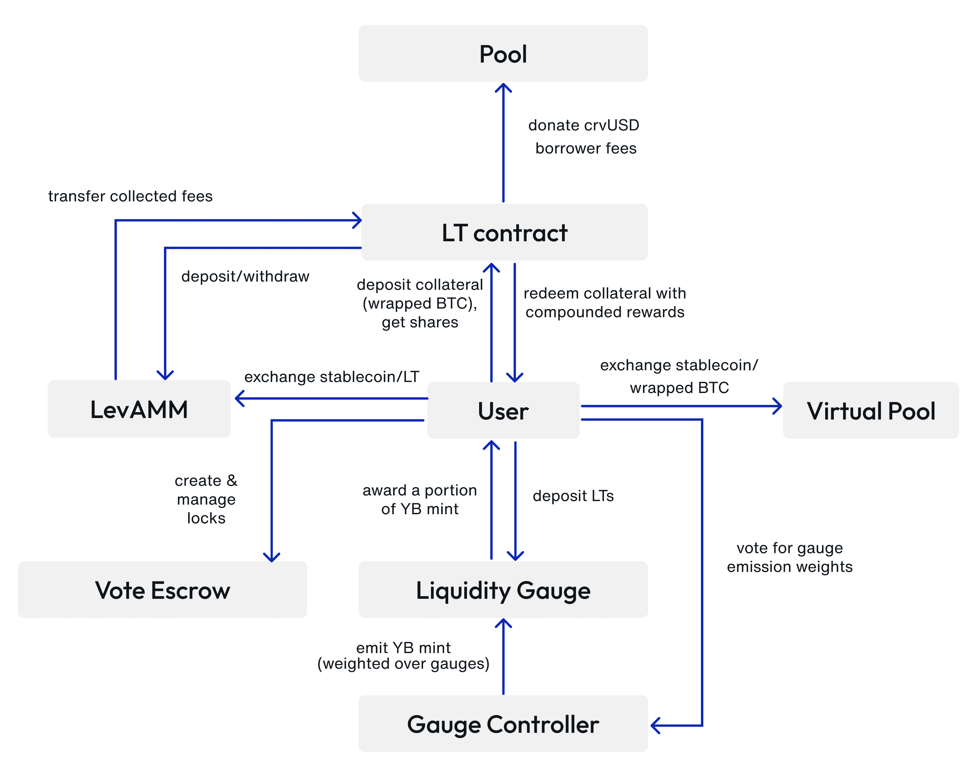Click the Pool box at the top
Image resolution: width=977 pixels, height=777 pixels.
[x=503, y=54]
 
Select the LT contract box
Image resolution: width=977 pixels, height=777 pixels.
[x=505, y=232]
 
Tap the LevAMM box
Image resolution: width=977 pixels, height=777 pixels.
[x=139, y=409]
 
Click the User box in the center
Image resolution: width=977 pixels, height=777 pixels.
[x=503, y=411]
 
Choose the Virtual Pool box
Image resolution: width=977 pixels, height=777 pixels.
[x=871, y=411]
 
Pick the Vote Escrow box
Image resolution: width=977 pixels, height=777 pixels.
[x=162, y=589]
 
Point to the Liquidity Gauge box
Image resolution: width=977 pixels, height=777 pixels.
[x=503, y=589]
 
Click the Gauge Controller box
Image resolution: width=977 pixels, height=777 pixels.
[x=503, y=723]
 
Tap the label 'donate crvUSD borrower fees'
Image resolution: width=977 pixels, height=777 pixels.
[x=584, y=136]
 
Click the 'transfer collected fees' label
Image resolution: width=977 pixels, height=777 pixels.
[x=131, y=196]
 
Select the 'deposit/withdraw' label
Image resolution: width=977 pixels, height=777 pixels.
[x=245, y=276]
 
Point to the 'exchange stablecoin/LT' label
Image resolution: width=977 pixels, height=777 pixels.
[x=332, y=377]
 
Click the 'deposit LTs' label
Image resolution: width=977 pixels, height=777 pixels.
[x=573, y=496]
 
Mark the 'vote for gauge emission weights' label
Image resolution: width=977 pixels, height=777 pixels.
[x=789, y=557]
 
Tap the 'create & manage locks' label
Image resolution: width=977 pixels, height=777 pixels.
[x=206, y=499]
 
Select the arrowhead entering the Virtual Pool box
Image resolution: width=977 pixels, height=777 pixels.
[x=778, y=406]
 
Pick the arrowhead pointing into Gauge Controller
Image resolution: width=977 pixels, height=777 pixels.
[x=655, y=725]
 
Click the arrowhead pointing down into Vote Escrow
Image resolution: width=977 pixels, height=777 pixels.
[x=271, y=557]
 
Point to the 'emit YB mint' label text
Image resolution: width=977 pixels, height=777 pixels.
[x=403, y=648]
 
